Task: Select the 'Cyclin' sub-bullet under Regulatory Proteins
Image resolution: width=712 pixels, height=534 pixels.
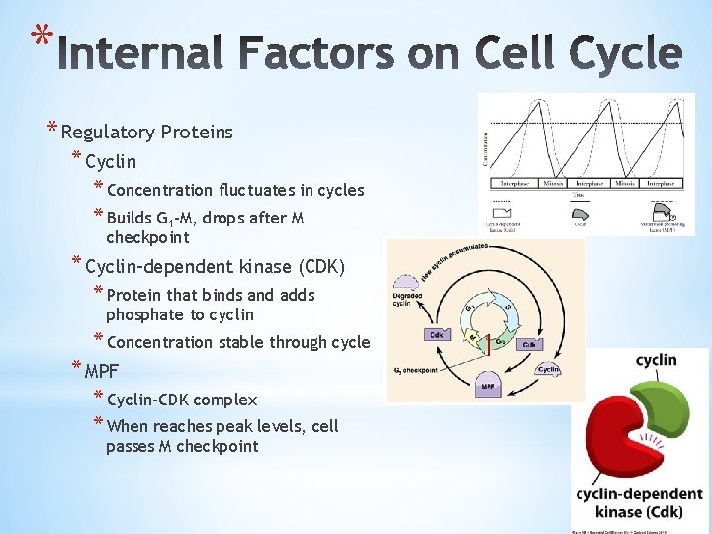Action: click(111, 161)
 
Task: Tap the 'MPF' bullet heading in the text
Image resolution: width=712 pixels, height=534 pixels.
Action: click(102, 372)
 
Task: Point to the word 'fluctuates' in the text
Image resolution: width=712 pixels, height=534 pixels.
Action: click(259, 190)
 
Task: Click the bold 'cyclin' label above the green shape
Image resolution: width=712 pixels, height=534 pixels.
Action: click(656, 360)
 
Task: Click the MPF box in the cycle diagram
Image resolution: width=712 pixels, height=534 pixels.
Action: click(488, 386)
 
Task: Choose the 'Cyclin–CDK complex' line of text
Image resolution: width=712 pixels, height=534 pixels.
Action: click(181, 400)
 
